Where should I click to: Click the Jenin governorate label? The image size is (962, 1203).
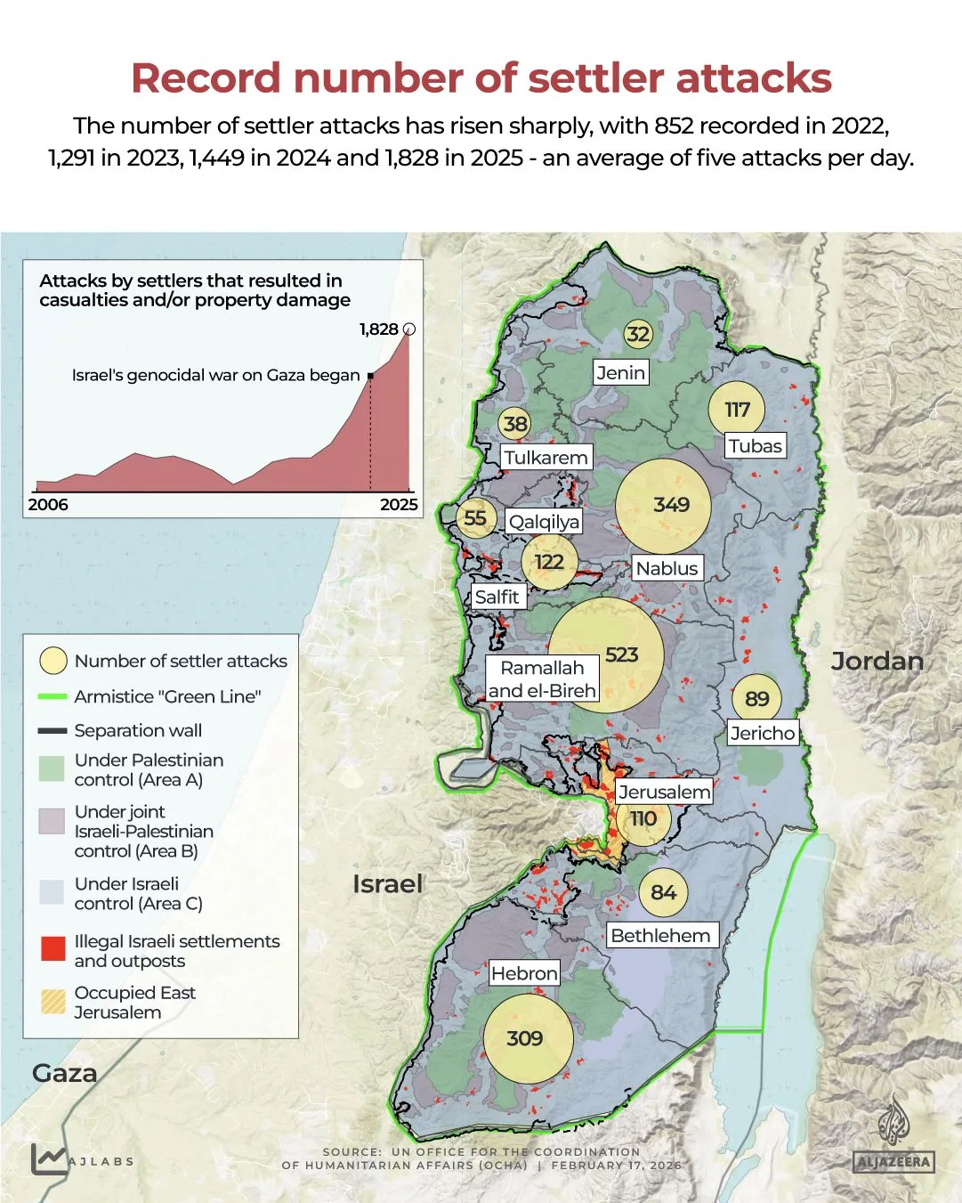coord(620,372)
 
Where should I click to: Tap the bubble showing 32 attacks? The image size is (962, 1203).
coord(637,335)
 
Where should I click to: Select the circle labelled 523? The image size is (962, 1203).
coord(607,655)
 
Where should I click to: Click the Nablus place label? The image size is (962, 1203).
coord(667,568)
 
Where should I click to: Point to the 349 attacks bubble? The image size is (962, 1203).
coord(664,505)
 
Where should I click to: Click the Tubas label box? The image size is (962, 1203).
coord(755,446)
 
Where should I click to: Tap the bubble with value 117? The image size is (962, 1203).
coord(736,410)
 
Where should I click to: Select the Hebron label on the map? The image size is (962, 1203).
coord(524,973)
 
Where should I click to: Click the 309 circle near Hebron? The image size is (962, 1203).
coord(527,1038)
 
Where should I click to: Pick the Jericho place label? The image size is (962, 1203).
coord(762,733)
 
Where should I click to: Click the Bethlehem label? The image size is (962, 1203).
coord(660,935)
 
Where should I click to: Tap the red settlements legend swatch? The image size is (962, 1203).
coord(53,949)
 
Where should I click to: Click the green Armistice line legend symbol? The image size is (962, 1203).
coord(53,696)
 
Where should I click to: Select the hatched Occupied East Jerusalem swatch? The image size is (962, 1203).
coord(53,1002)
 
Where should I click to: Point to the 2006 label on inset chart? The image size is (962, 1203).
coord(48,504)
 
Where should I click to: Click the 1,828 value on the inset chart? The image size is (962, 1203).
coord(379,329)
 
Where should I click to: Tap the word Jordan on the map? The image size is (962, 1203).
coord(877,661)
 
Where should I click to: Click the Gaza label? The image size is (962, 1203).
coord(64,1073)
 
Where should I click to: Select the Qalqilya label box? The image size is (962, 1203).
coord(544,522)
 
